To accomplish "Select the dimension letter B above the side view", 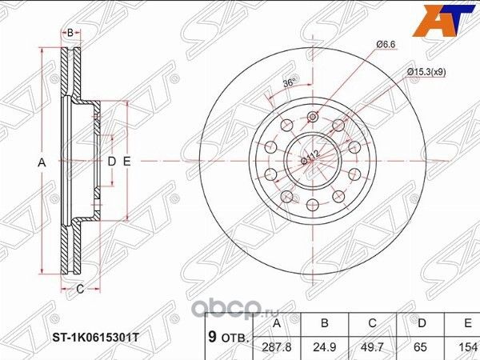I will tap(70, 32).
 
